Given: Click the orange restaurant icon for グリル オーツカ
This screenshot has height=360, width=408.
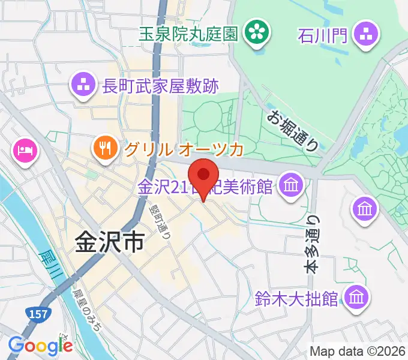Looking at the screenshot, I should [x=106, y=148].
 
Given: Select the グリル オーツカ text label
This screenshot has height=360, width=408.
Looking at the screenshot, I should [x=184, y=149].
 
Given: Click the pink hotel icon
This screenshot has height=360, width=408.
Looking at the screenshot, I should [x=25, y=149].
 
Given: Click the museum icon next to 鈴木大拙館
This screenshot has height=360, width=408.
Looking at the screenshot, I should [x=358, y=296].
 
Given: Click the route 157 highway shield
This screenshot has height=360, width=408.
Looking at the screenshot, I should [x=37, y=314].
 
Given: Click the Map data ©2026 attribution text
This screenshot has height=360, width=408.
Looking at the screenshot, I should [x=358, y=351].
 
